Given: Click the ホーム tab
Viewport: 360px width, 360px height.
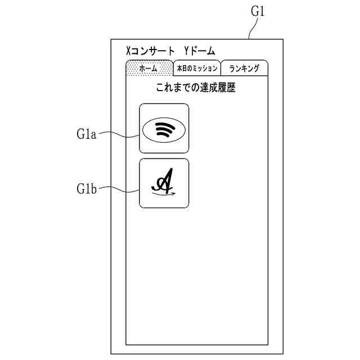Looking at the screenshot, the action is pos(148,68).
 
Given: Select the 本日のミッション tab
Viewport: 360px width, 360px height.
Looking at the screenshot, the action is pos(197,68).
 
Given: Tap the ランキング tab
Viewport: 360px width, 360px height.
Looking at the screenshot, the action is pos(244,68).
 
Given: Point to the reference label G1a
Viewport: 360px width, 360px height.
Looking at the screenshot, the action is pos(87,134).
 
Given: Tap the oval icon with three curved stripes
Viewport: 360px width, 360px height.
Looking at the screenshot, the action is pos(164,129).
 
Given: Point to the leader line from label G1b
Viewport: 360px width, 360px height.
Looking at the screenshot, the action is pos(119,190).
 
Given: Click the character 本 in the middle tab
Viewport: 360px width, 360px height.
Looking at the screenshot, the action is pos(179,68).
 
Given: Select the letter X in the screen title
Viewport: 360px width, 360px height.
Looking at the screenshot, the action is pos(128,51).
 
